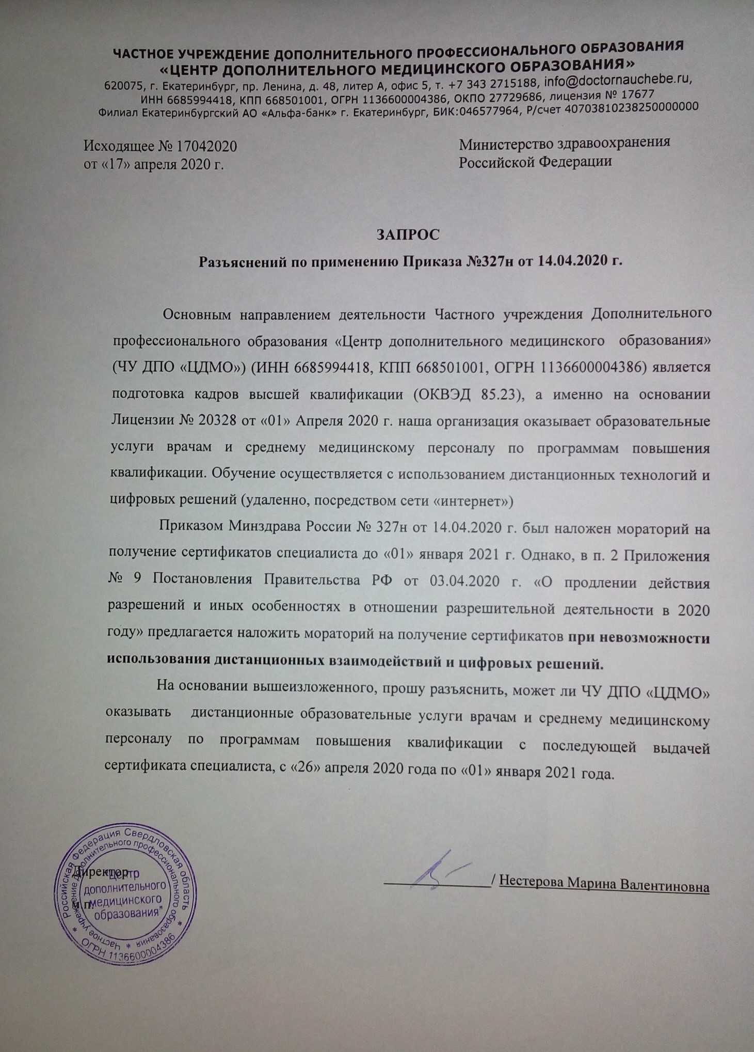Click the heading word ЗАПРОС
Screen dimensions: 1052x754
click(x=408, y=234)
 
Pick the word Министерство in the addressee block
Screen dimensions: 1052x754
click(x=504, y=143)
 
